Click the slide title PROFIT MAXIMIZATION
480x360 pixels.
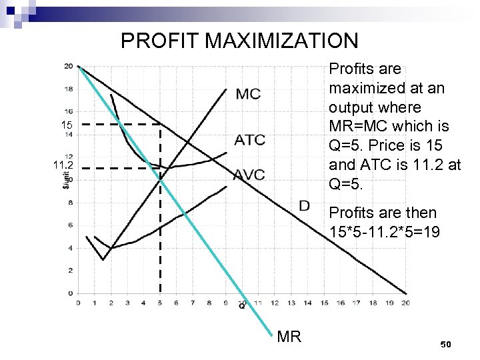coord(239,41)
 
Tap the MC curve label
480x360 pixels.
coord(248,94)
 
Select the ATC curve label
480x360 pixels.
coord(250,140)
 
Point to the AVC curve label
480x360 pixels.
coord(250,175)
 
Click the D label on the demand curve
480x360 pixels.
coord(304,205)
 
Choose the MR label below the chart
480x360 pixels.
coord(288,337)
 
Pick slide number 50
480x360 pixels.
coord(446,343)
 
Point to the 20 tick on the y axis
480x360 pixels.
coord(69,65)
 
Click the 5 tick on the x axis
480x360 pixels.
coord(160,302)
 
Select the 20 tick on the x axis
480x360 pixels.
coord(405,302)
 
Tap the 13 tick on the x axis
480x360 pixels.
coord(291,302)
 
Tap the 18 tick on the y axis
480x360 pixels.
coord(69,88)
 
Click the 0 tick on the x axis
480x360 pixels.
coord(78,302)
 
